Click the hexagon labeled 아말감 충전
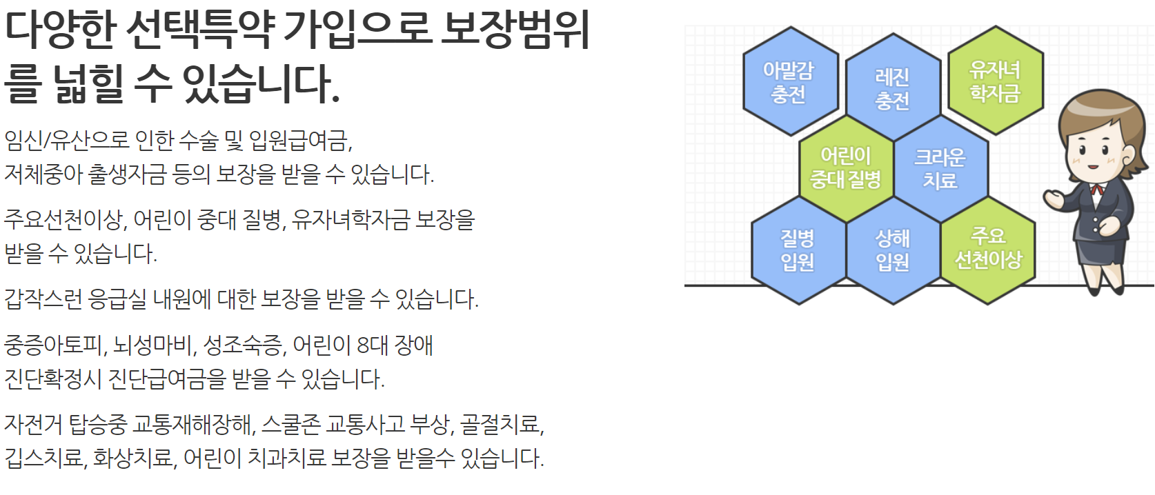790,81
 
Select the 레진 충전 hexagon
893,88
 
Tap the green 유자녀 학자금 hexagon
995,81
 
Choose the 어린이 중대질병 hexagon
846,168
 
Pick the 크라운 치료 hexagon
940,168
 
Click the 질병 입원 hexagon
798,250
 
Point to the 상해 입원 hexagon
893,250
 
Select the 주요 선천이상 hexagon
988,248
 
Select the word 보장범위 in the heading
515,30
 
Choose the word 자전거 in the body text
33,424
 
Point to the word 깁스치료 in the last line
44,458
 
